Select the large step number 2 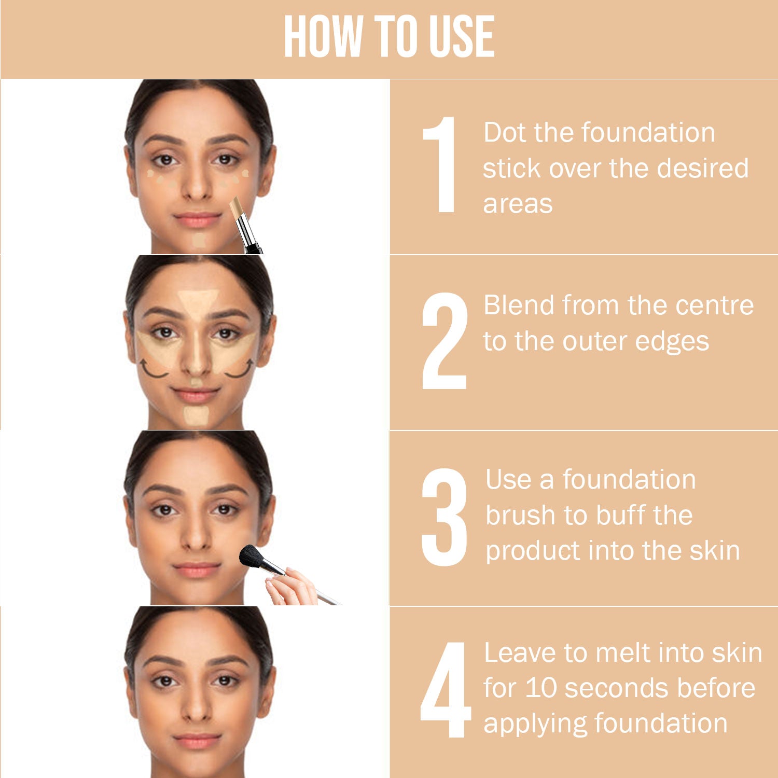pyautogui.click(x=444, y=341)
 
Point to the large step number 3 pyautogui.click(x=444, y=517)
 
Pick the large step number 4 pyautogui.click(x=445, y=689)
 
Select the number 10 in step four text pyautogui.click(x=541, y=688)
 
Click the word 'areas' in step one pyautogui.click(x=518, y=204)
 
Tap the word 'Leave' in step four pyautogui.click(x=520, y=652)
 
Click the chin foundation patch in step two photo pyautogui.click(x=196, y=415)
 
